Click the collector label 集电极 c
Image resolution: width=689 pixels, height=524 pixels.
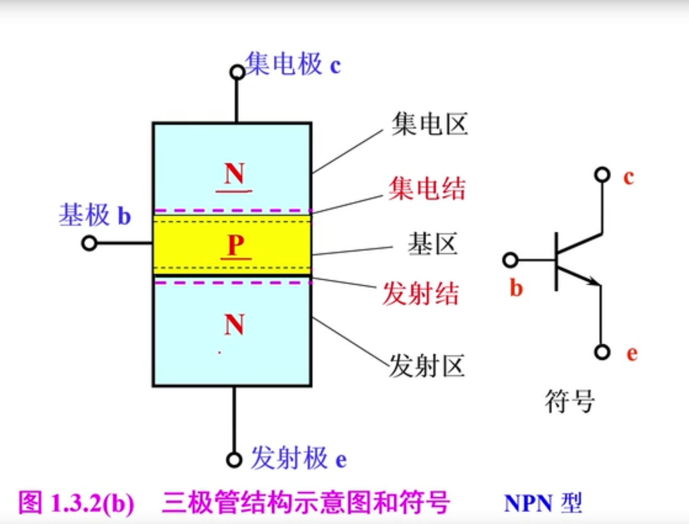[x=292, y=65]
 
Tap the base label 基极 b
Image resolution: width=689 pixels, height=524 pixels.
[x=95, y=215]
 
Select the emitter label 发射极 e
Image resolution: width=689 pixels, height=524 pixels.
[x=298, y=458]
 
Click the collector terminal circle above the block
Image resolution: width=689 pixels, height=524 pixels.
[x=237, y=72]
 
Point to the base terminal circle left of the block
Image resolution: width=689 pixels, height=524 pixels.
[x=89, y=243]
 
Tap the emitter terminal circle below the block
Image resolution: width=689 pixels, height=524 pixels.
[x=234, y=459]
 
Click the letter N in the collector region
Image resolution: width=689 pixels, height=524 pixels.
[x=234, y=174]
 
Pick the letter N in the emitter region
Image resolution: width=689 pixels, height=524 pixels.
[x=234, y=325]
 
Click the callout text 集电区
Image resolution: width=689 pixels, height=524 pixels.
[x=429, y=124]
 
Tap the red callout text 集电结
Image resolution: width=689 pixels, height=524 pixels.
[x=427, y=189]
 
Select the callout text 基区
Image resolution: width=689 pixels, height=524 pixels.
[x=432, y=244]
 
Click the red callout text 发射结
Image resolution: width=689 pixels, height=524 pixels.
[x=421, y=293]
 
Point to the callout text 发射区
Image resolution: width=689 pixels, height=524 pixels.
[x=427, y=366]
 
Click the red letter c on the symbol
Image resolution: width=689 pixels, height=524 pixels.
[x=629, y=177]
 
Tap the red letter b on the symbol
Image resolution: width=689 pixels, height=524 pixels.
[x=516, y=288]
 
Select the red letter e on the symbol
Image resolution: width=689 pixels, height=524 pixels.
[x=632, y=353]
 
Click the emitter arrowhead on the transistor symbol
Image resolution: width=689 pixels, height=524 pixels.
[x=593, y=281]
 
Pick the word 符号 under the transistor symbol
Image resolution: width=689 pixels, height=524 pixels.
[x=570, y=401]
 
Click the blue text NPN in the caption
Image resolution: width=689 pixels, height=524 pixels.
[x=527, y=503]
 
